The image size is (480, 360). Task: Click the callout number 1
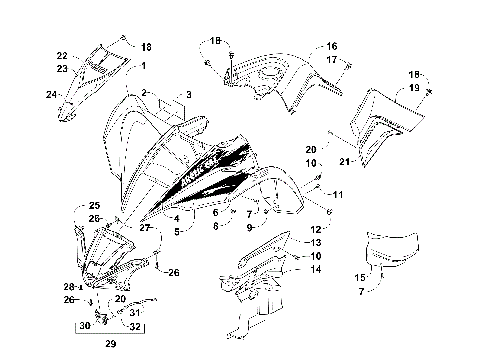[142, 65]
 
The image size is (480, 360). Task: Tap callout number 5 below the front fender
[176, 231]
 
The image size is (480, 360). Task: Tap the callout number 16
[333, 46]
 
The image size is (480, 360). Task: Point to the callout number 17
[333, 60]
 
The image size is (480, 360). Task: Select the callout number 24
[50, 95]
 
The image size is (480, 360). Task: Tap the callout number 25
[81, 205]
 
